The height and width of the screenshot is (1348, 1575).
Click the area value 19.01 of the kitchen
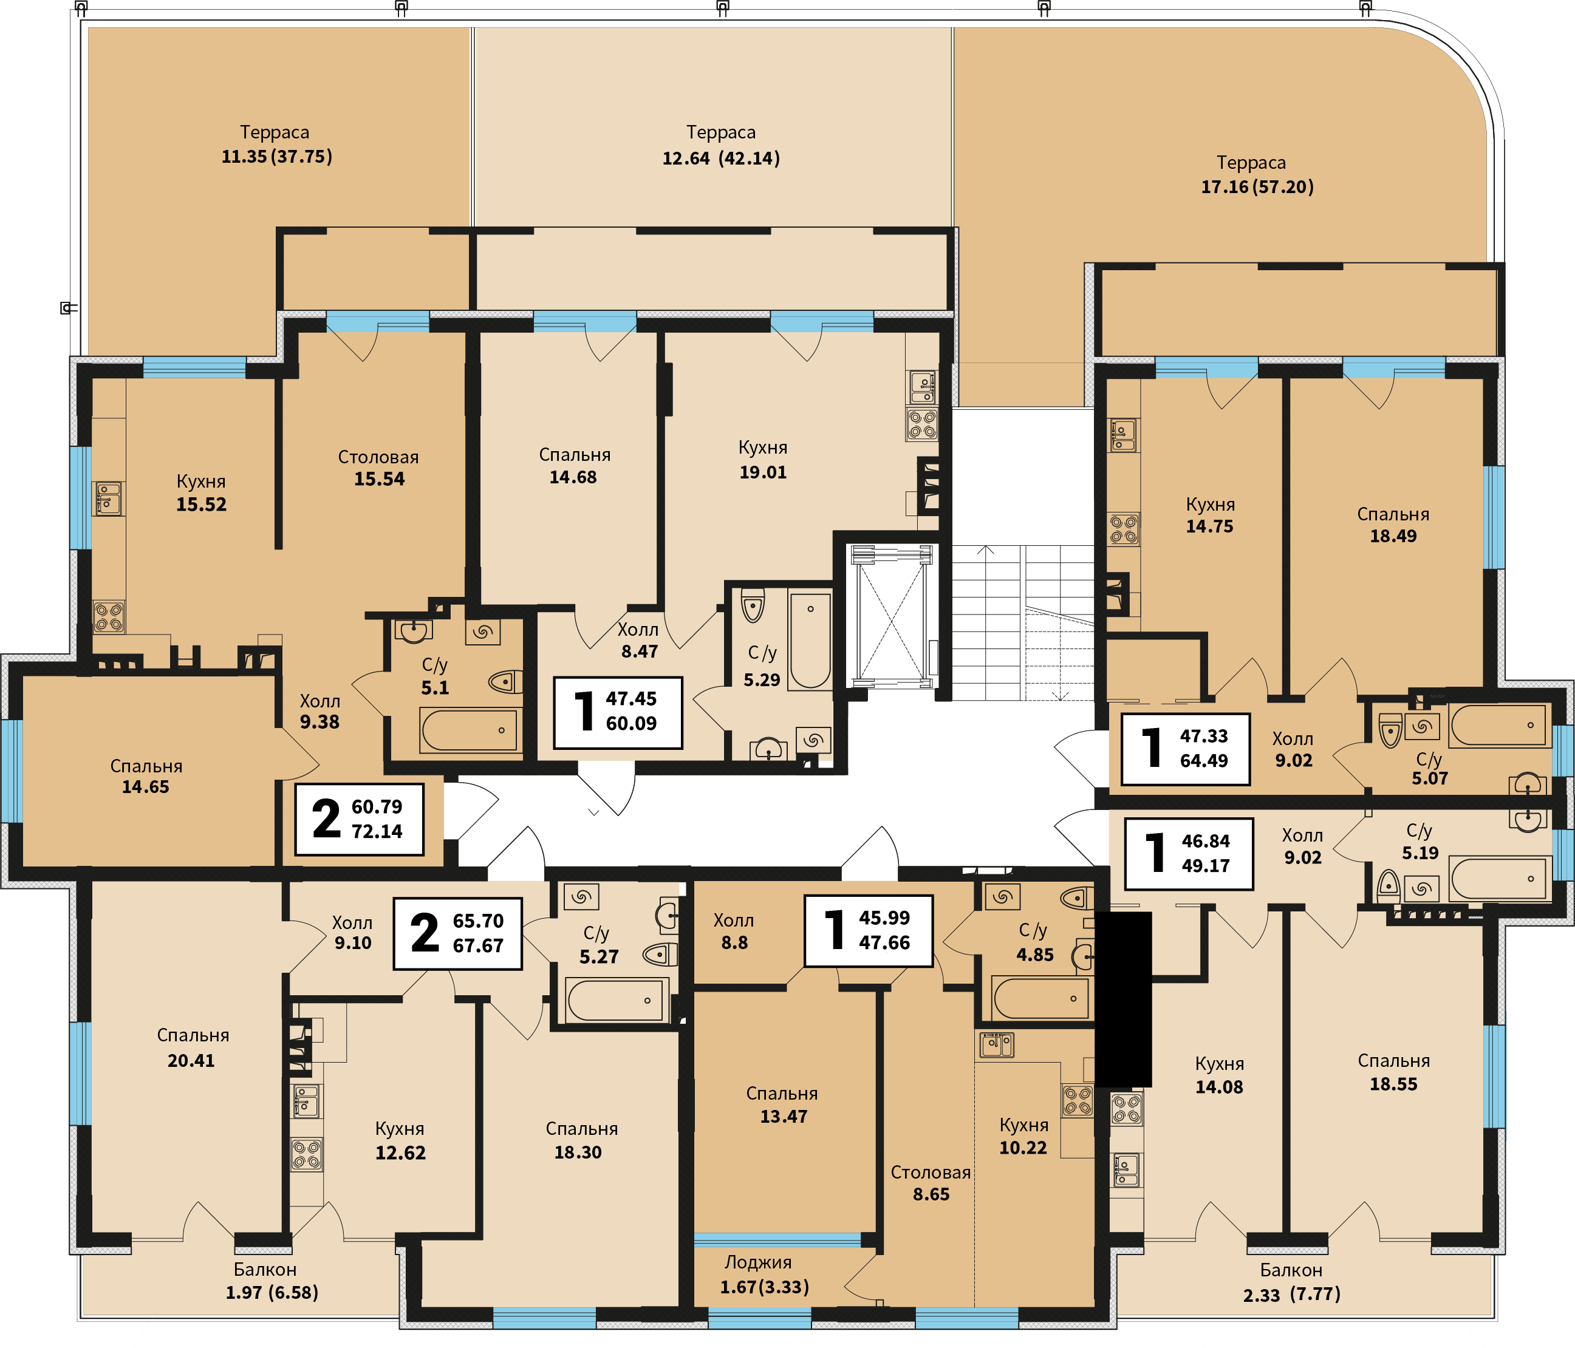click(763, 472)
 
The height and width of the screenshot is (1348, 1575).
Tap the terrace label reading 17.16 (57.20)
click(1257, 187)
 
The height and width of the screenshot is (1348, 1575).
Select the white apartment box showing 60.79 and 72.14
click(359, 819)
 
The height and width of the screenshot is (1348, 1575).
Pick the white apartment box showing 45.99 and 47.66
click(868, 930)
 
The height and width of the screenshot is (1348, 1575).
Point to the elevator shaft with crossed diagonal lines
click(892, 614)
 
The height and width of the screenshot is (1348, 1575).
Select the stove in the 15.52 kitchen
click(109, 616)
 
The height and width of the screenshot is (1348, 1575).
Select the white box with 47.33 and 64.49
click(1186, 749)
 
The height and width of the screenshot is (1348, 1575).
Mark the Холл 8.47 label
click(638, 641)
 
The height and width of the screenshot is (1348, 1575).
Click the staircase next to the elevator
click(1023, 622)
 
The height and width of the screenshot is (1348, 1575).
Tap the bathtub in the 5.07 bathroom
click(1499, 725)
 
